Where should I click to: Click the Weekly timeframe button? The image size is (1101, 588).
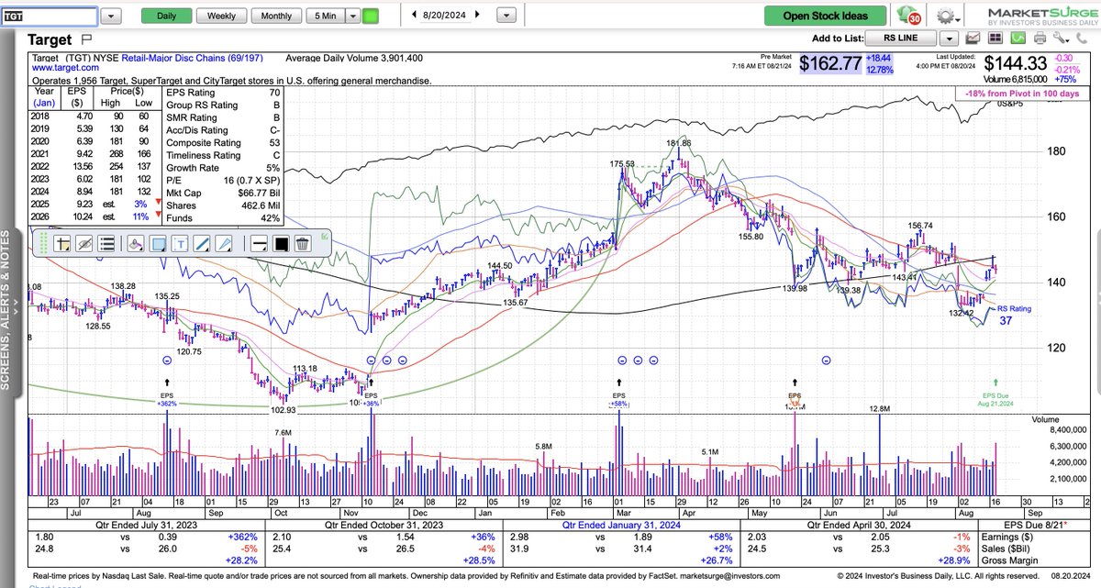click(221, 16)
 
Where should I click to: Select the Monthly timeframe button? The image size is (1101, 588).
click(276, 16)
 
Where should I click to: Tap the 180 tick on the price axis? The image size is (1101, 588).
click(1056, 151)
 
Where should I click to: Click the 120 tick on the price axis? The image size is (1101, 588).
click(1056, 347)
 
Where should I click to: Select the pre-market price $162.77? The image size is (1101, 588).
click(829, 63)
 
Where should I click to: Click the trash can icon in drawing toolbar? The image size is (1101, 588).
click(301, 243)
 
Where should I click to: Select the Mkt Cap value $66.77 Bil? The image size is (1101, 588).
click(253, 194)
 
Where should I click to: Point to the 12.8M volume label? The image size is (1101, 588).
click(880, 408)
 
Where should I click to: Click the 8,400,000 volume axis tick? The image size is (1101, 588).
click(1068, 428)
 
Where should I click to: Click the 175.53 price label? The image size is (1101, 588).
click(622, 163)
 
